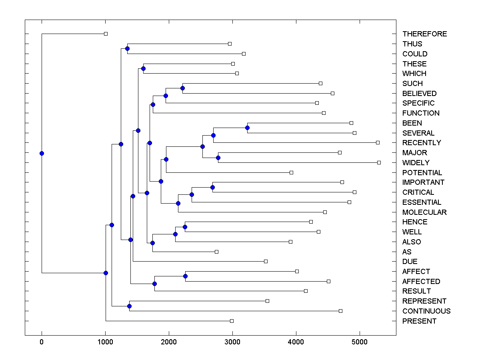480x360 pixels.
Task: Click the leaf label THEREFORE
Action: [x=424, y=34]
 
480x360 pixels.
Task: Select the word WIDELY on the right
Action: [x=416, y=162]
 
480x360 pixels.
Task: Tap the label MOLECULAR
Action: [x=424, y=212]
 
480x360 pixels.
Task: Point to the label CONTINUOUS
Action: [x=426, y=311]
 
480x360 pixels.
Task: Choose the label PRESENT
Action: [x=419, y=321]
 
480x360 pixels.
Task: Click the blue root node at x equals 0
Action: [x=42, y=153]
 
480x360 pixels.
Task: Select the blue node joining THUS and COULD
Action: [x=127, y=48]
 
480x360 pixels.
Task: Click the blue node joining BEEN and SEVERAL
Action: [x=247, y=128]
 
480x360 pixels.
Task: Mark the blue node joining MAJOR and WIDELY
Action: [x=218, y=158]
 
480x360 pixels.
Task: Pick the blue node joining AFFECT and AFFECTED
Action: [x=185, y=276]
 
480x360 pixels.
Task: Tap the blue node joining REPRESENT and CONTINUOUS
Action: [x=129, y=306]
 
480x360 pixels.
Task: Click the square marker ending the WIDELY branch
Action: [x=379, y=162]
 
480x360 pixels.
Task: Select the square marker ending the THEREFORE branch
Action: [x=106, y=34]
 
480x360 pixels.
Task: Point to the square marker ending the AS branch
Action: [x=216, y=252]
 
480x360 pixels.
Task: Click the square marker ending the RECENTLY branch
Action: [x=378, y=142]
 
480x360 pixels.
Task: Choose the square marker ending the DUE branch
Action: [x=266, y=261]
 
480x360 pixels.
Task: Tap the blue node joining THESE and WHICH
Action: [x=143, y=68]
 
